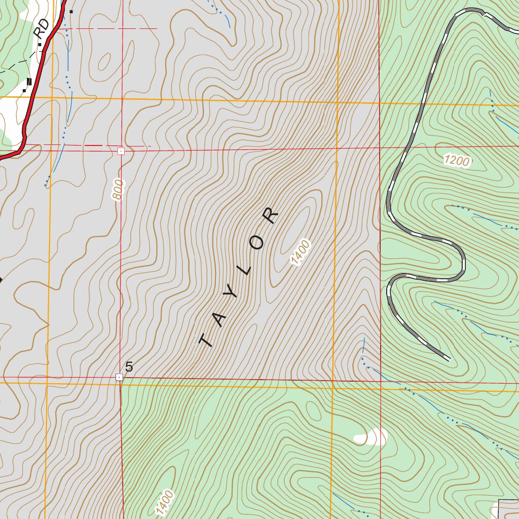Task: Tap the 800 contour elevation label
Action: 119,190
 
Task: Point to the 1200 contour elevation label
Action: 457,161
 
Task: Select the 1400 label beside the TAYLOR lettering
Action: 300,252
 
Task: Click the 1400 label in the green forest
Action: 165,502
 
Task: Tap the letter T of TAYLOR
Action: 206,340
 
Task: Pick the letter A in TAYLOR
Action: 219,318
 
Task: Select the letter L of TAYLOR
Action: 246,269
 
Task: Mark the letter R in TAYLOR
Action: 271,216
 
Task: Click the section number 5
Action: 129,367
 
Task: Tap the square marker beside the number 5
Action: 119,377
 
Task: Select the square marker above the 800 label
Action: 121,151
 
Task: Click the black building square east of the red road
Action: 71,11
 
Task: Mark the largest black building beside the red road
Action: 29,82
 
